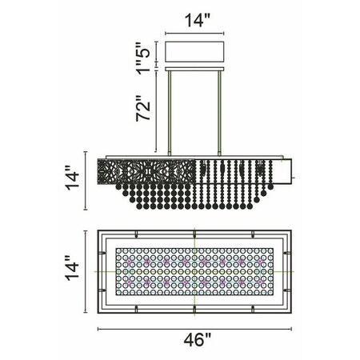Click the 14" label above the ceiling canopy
[198, 20]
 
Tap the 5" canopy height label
[144, 51]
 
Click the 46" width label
[198, 339]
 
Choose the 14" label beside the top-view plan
[72, 267]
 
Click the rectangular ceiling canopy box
[194, 52]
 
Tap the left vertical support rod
[169, 114]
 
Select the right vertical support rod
[219, 114]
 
